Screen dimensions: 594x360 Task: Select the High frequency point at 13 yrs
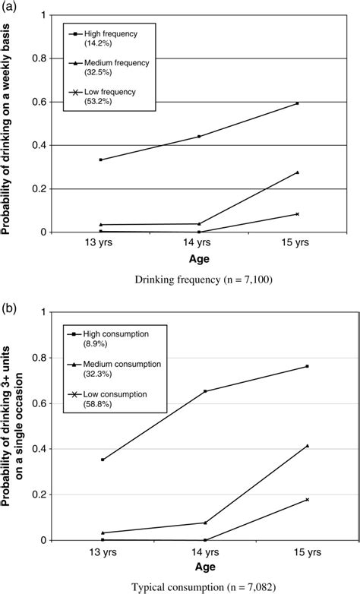[x=101, y=160]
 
